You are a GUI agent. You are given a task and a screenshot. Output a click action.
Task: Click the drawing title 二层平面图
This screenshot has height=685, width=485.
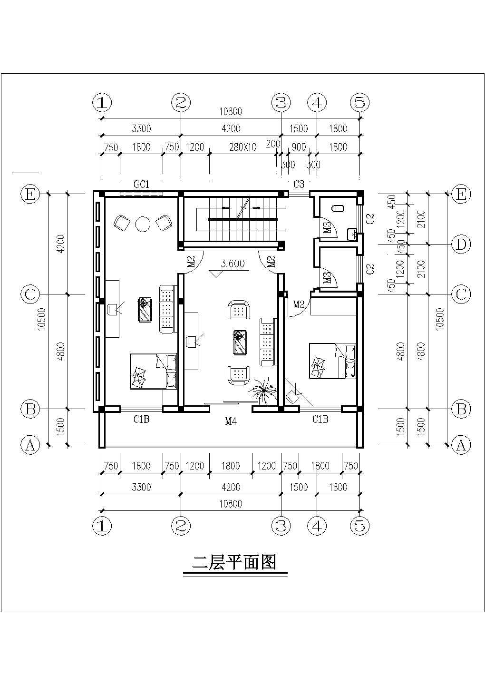click(x=233, y=563)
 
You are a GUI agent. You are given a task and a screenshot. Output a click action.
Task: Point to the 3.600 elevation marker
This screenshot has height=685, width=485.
click(x=232, y=264)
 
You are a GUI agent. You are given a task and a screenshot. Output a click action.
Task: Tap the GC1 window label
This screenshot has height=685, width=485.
click(x=141, y=184)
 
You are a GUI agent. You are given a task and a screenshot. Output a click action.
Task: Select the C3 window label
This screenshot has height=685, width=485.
click(x=299, y=184)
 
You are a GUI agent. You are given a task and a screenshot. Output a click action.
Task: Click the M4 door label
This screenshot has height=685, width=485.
click(x=231, y=421)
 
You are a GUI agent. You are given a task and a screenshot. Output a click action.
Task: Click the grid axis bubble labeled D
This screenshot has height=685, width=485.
click(x=461, y=245)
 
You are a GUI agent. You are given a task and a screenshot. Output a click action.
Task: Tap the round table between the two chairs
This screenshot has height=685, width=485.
click(x=143, y=224)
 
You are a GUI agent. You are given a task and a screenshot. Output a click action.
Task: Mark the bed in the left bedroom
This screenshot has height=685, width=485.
click(x=153, y=371)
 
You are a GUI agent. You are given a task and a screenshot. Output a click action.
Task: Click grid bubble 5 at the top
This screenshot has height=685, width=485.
click(x=359, y=102)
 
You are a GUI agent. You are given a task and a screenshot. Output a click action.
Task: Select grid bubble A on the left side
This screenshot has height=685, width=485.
click(x=30, y=445)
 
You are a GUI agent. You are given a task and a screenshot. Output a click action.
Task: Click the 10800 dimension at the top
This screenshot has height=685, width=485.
click(x=231, y=112)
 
